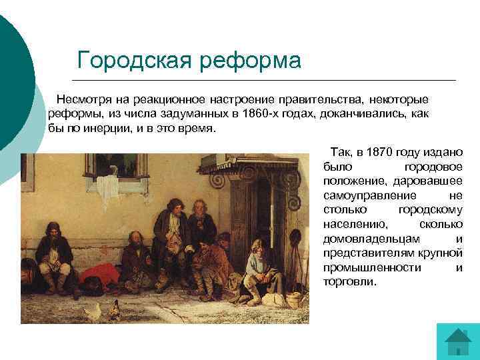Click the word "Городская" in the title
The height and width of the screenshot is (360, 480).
pyautogui.click(x=133, y=60)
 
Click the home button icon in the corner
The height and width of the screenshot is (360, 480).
pyautogui.click(x=457, y=343)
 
